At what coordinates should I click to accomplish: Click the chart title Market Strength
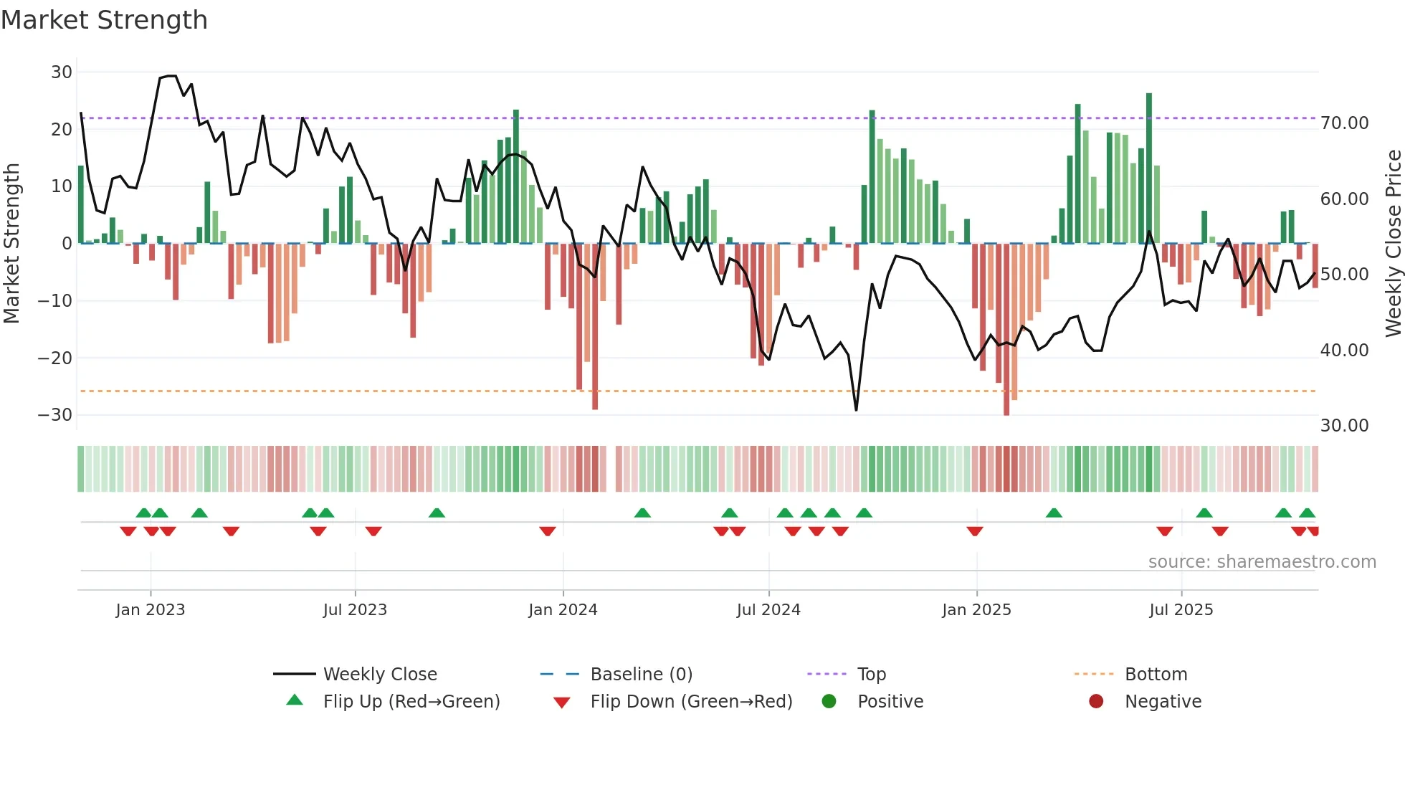[104, 20]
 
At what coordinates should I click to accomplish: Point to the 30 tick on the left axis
[62, 72]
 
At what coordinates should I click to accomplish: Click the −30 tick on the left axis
[56, 415]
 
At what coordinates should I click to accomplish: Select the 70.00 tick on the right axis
[1344, 123]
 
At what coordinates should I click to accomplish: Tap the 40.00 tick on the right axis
[1344, 351]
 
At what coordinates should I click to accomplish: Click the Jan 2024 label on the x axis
[563, 610]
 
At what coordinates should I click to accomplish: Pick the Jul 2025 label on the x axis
[1181, 610]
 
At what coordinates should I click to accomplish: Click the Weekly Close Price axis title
[1393, 244]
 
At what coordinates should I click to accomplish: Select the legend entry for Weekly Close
[379, 675]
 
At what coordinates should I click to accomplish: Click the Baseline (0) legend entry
[641, 675]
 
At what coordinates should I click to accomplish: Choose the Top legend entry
[871, 675]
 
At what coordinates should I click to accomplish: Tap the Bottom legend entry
[1156, 675]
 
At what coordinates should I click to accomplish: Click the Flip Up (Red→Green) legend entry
[411, 702]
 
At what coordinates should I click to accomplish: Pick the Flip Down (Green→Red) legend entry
[691, 702]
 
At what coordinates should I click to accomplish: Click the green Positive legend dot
[829, 702]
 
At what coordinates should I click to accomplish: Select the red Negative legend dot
[1096, 702]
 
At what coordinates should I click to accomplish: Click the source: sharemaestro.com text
[1262, 562]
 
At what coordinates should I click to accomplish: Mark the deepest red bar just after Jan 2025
[1006, 330]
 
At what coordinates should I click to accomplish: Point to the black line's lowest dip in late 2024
[856, 409]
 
